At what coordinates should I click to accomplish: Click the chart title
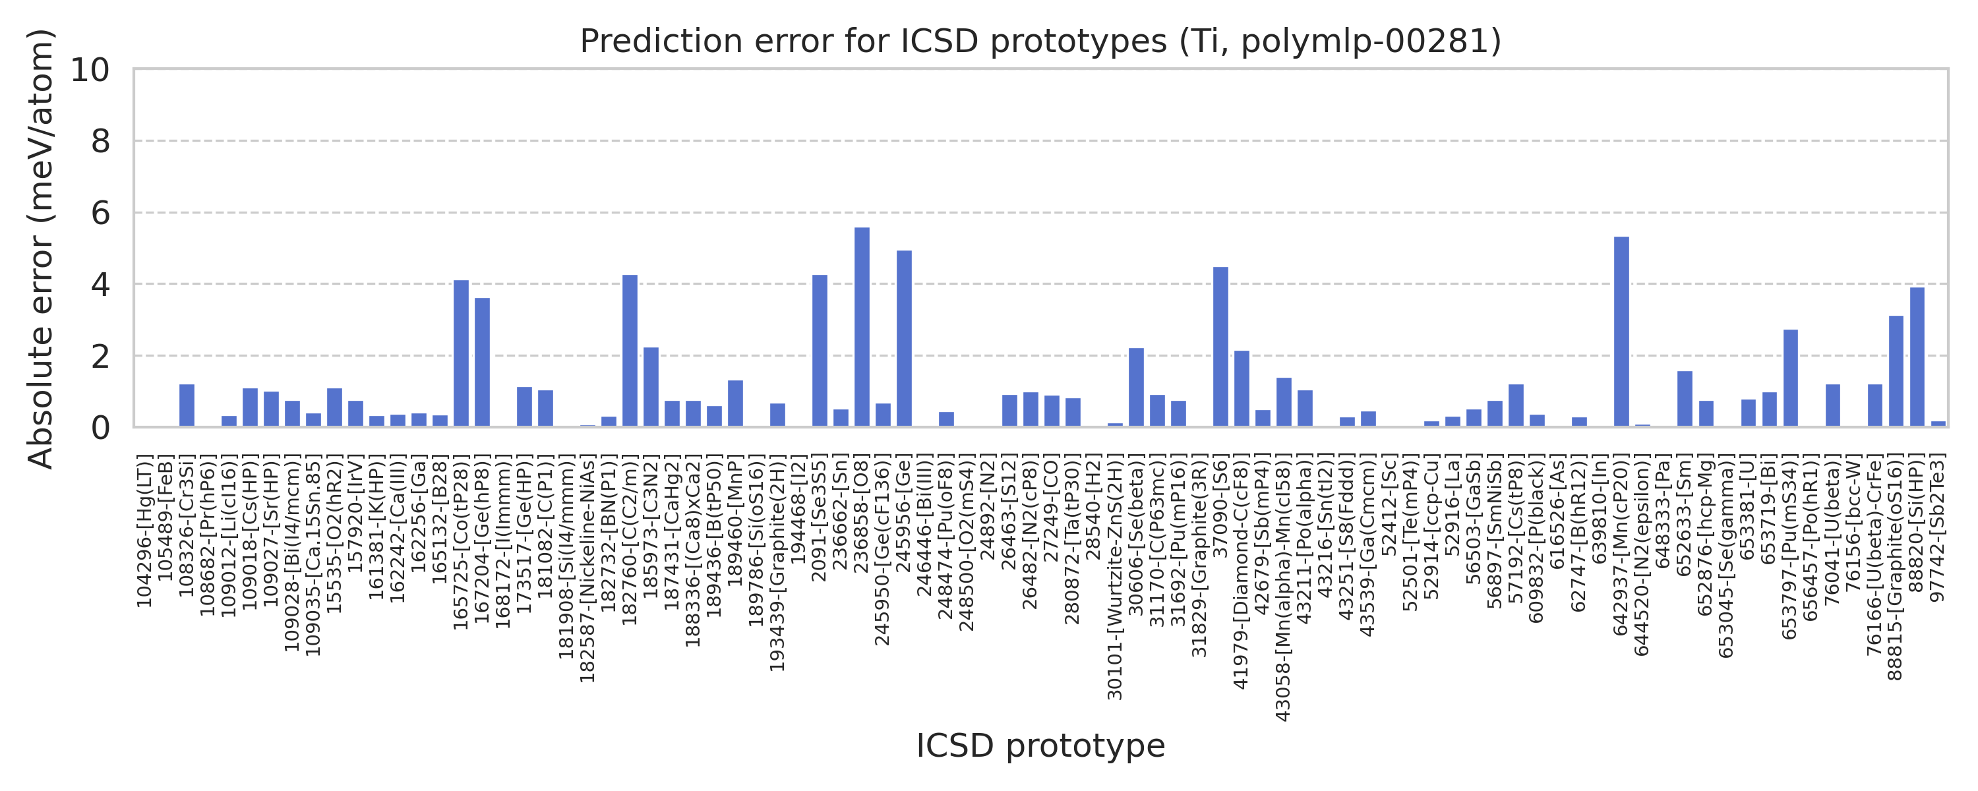click(1040, 42)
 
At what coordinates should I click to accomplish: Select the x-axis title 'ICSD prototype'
click(1040, 746)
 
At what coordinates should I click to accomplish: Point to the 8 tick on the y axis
click(101, 141)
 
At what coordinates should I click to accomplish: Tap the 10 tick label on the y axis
click(90, 70)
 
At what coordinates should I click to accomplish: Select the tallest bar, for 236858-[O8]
click(862, 327)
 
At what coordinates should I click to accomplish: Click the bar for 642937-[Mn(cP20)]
click(1621, 332)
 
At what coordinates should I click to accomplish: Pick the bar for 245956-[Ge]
click(904, 339)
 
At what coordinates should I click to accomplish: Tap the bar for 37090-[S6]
click(1220, 347)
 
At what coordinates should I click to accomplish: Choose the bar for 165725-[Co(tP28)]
click(461, 353)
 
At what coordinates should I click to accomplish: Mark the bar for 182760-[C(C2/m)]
click(630, 351)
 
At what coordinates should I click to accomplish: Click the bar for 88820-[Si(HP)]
click(1917, 357)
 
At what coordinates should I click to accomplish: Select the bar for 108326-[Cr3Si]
click(187, 405)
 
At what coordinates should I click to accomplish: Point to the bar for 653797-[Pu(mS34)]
click(1790, 378)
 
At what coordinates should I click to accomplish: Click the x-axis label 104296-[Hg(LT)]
click(144, 530)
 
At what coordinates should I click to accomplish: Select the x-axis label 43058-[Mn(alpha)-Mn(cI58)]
click(1282, 587)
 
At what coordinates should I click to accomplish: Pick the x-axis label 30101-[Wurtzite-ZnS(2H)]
click(1114, 577)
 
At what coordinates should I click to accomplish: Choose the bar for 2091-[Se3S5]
click(820, 351)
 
